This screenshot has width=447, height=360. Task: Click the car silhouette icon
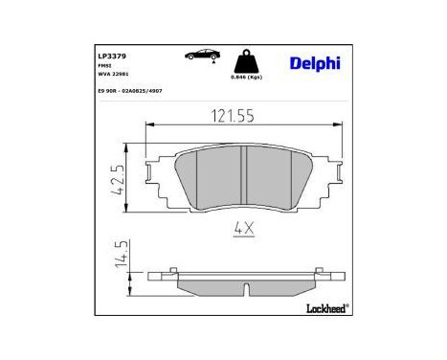point(201,56)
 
